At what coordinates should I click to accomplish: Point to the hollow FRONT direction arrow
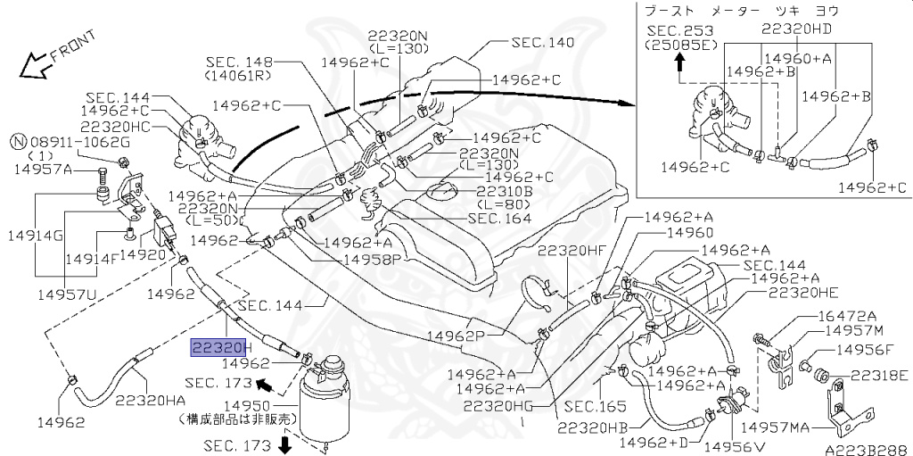coord(36,64)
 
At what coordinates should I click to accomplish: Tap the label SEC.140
coord(542,42)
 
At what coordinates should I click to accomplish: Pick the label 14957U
coord(66,292)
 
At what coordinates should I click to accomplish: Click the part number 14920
coord(144,253)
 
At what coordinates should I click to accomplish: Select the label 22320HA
coord(149,401)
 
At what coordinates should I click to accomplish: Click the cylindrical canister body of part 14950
coord(325,410)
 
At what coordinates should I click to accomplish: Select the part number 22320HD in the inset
coord(796,28)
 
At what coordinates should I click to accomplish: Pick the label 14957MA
coord(855,428)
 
